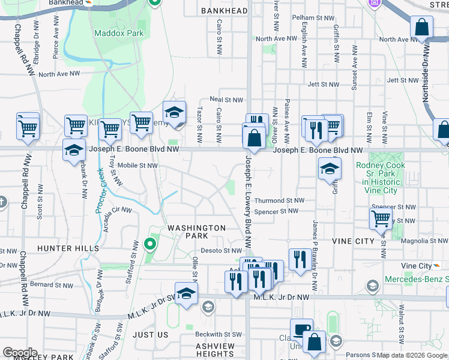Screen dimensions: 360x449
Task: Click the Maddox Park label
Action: (x=119, y=33)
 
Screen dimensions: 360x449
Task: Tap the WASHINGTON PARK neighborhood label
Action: (x=196, y=232)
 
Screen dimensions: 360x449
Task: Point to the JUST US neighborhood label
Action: (x=151, y=334)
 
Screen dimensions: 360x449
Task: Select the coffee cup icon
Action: (x=301, y=329)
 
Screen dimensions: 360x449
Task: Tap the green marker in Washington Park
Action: (x=150, y=245)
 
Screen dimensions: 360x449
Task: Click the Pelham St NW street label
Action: (x=312, y=18)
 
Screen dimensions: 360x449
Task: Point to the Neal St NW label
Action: (x=226, y=100)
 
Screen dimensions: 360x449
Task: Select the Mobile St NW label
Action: (x=137, y=165)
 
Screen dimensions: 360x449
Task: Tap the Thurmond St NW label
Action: (x=279, y=200)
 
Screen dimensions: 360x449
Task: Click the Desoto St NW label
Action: (x=220, y=251)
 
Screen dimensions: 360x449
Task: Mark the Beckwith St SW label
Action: (x=221, y=334)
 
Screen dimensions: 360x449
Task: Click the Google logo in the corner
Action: (x=20, y=353)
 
